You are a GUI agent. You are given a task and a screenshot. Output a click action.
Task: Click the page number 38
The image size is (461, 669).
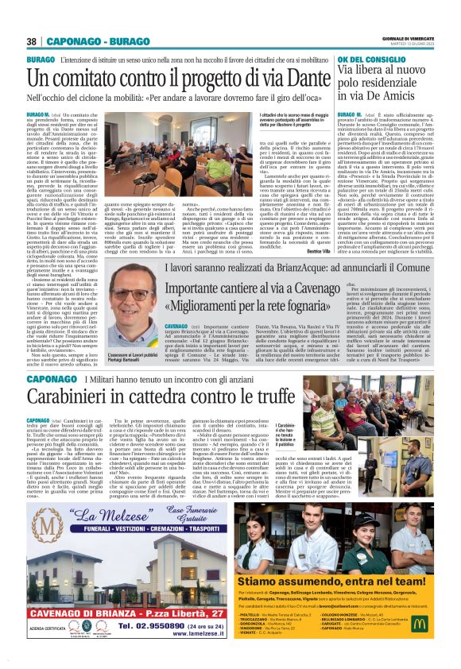pyautogui.click(x=32, y=41)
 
